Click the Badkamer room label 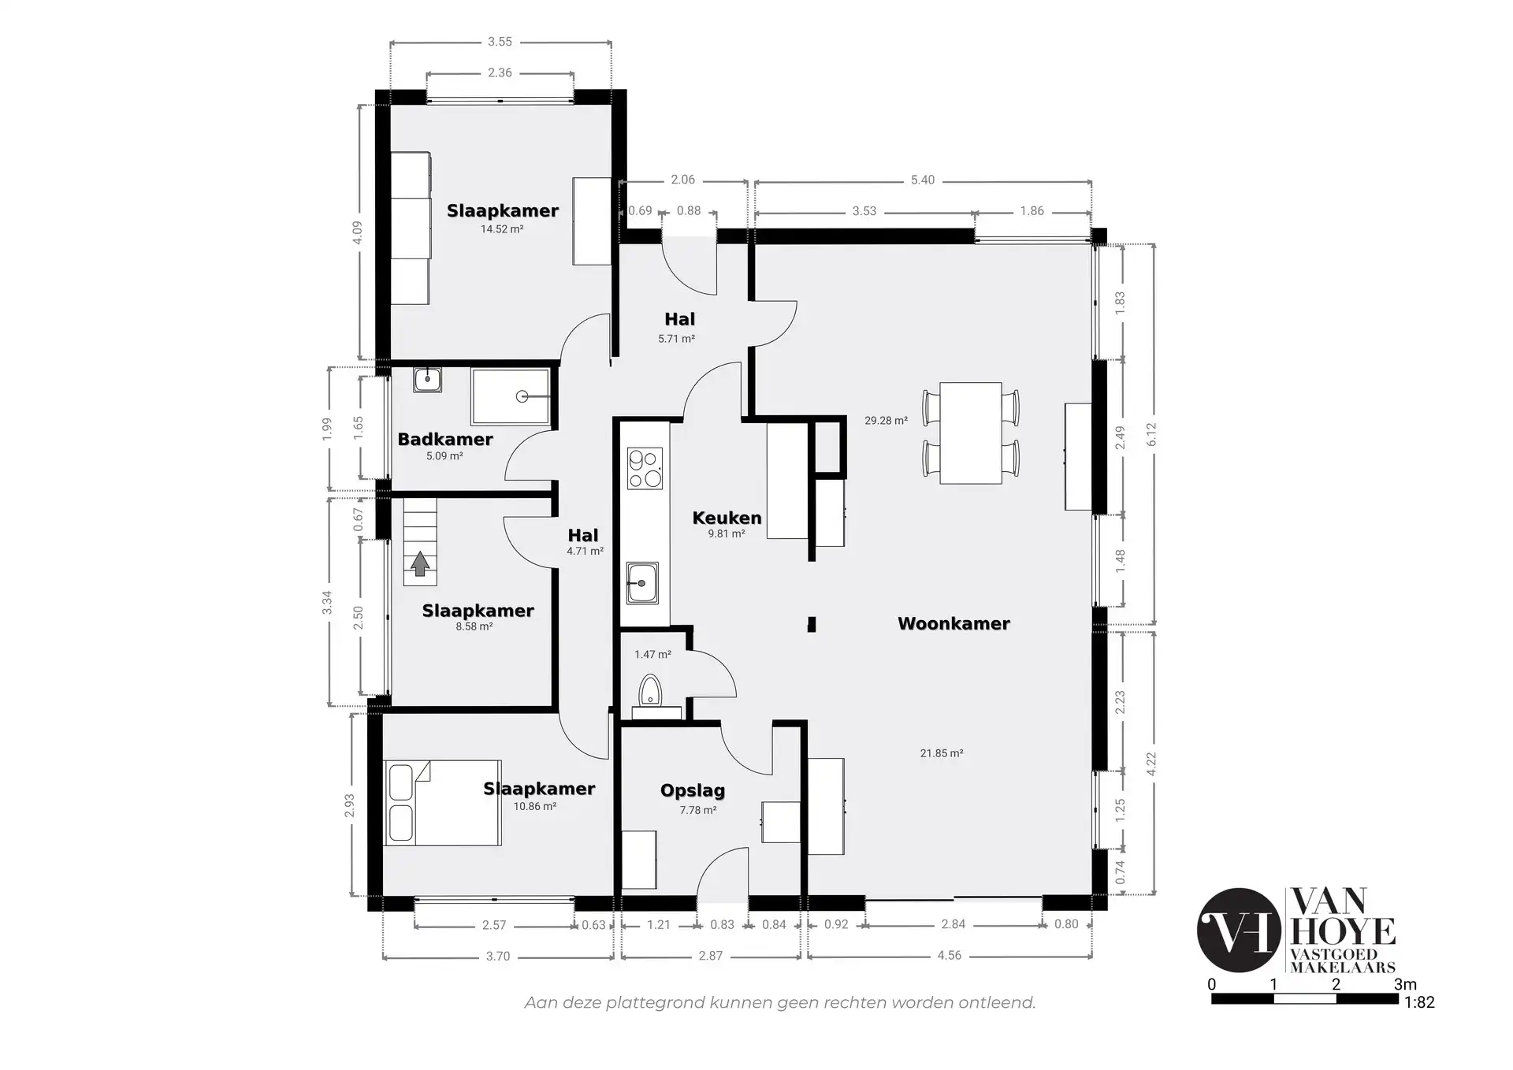445,439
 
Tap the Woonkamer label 954,623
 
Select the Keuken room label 727,518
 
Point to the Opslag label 693,790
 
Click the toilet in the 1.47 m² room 649,689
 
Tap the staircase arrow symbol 420,564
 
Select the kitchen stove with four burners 645,468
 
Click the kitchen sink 642,583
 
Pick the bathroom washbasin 427,380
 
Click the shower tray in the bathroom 510,396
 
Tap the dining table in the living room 971,433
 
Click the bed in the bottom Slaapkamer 442,803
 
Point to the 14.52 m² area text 502,229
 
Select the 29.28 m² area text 886,421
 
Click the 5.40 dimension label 923,180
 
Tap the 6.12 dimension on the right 1151,434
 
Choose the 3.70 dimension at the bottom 498,956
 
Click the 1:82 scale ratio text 1419,1002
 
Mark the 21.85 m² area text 942,753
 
